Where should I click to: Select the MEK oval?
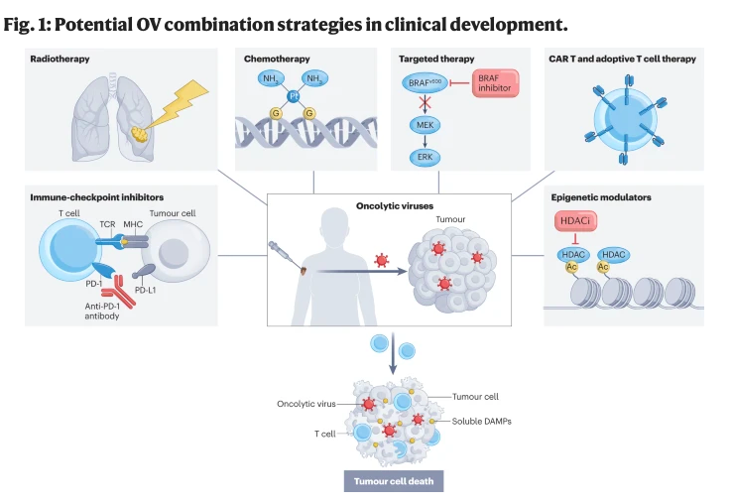click(x=426, y=125)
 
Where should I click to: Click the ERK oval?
click(x=426, y=157)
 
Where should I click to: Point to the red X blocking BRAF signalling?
click(x=426, y=103)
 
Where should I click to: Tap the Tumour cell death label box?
click(x=394, y=482)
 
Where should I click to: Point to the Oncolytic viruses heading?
click(x=394, y=206)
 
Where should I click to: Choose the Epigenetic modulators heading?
click(x=600, y=197)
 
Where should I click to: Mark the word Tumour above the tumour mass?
click(x=451, y=220)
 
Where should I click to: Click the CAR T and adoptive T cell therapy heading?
click(x=622, y=60)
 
